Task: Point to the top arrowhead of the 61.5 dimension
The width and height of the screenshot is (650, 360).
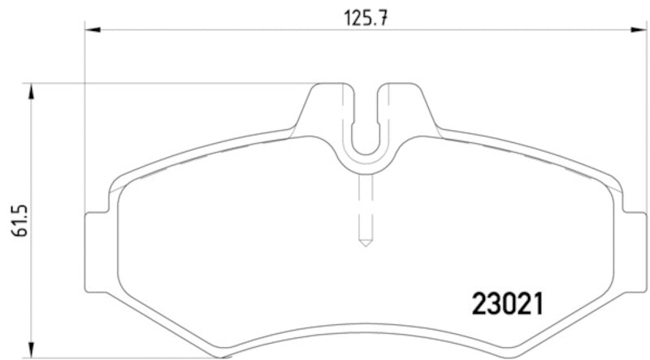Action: tap(32, 90)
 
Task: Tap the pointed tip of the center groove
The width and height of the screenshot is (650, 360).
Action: tap(366, 243)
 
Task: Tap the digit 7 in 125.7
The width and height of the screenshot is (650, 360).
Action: tap(379, 15)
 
